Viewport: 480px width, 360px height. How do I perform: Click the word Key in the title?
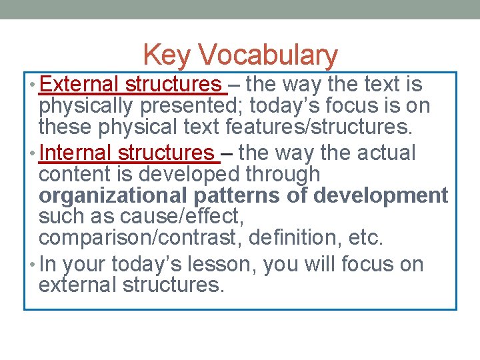coord(165,55)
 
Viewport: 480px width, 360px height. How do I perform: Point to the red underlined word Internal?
coord(76,153)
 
